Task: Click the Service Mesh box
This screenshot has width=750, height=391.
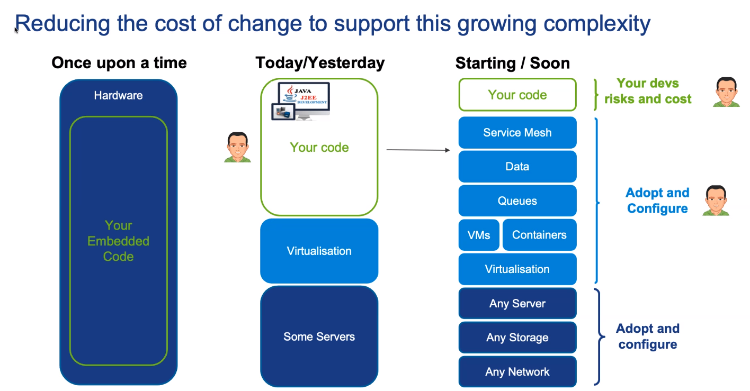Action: [x=517, y=133]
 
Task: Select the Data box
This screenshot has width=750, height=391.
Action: [x=517, y=167]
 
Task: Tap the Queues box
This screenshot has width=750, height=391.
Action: [x=517, y=201]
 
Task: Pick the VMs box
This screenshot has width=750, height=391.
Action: [x=479, y=235]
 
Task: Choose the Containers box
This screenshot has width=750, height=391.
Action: [x=539, y=235]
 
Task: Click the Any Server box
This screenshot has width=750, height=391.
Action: [x=517, y=304]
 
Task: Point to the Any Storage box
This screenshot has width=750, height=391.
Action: [x=517, y=338]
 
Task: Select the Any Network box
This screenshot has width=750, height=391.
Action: [x=517, y=372]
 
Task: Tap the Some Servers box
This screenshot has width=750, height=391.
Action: [x=319, y=337]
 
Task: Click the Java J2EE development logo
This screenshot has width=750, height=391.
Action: [x=300, y=101]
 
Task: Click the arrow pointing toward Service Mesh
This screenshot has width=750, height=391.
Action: [x=418, y=150]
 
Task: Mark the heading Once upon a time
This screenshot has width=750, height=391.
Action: [x=119, y=63]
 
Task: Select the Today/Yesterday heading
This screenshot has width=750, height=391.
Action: [x=320, y=63]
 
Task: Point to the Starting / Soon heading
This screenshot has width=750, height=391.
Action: [x=512, y=63]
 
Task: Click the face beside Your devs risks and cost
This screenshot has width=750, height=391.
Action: [x=726, y=92]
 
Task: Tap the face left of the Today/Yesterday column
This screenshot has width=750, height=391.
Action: [x=237, y=147]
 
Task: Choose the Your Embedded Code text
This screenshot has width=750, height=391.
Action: [x=119, y=241]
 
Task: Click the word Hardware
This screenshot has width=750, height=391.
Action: [x=118, y=96]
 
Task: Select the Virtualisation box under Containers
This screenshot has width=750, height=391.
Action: [x=517, y=269]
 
